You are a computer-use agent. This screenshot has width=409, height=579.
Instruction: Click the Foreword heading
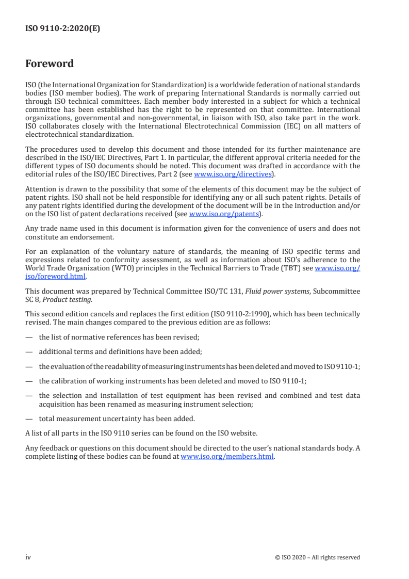(50, 64)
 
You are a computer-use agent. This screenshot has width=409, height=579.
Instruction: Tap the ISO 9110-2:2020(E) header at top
(62, 29)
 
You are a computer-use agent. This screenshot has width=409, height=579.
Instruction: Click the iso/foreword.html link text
(55, 276)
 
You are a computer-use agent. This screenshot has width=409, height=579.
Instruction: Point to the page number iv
(28, 557)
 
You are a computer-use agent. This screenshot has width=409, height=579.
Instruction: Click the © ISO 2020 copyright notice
(318, 557)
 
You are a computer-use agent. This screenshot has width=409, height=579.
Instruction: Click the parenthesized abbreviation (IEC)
(264, 126)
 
